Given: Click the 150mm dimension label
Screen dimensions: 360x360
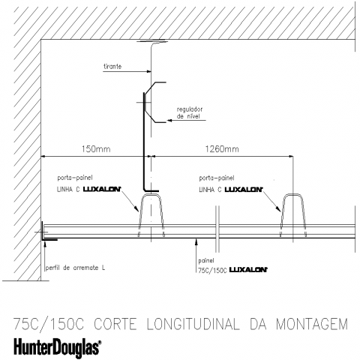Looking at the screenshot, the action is [x=96, y=149].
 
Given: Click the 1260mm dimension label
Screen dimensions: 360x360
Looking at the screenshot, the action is [x=222, y=149].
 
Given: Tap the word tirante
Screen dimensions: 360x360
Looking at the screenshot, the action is [x=112, y=67].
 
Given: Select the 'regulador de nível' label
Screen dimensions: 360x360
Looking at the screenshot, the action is [x=190, y=112].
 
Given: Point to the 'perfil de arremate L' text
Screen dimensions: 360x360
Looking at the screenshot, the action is [x=75, y=268].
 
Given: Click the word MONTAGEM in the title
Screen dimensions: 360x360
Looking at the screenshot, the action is [x=312, y=324].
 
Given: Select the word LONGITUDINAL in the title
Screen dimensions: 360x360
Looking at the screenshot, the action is [x=193, y=324].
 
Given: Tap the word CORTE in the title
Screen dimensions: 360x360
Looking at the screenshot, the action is [x=115, y=324].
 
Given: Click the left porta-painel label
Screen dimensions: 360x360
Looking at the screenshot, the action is [x=75, y=178].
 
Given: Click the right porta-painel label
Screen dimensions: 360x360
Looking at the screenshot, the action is [x=217, y=178].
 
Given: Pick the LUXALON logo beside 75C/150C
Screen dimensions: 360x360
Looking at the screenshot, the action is [x=248, y=270].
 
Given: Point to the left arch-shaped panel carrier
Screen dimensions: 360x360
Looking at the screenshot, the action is [x=151, y=195].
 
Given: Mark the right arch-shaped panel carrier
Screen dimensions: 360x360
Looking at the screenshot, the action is [x=293, y=195].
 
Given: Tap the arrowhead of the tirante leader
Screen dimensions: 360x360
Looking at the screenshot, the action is [x=149, y=71].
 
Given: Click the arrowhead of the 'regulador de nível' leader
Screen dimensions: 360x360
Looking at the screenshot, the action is [x=169, y=121].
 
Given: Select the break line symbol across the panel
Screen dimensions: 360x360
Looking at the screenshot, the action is [x=217, y=229].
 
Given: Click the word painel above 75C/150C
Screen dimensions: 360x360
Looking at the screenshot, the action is [x=206, y=261].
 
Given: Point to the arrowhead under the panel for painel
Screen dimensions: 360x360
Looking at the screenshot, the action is [x=196, y=241].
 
